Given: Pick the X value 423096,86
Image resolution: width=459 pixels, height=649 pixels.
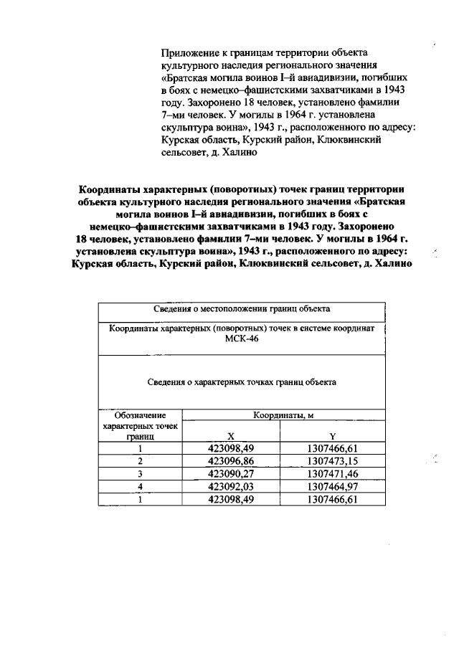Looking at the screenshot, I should click(230, 460).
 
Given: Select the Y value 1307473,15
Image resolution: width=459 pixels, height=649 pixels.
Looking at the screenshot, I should click(332, 460).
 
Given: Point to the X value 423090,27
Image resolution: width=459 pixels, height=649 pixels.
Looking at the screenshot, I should click(230, 473).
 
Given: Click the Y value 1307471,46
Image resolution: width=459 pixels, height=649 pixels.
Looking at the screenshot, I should click(332, 473).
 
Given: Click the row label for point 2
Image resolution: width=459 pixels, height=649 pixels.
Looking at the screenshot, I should click(141, 460).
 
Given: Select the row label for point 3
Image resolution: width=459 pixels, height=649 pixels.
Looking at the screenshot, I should click(141, 473).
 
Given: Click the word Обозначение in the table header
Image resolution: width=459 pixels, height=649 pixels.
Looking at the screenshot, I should click(141, 415).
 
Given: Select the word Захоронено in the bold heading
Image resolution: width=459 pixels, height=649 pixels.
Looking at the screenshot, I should click(377, 227).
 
